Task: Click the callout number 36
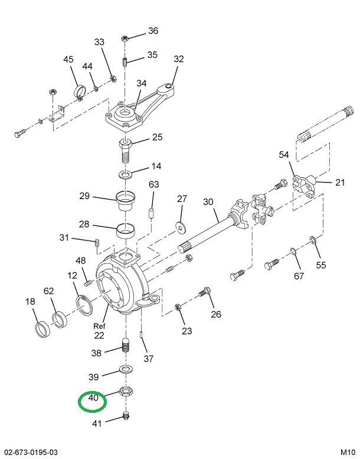(153, 31)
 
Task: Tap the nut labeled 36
(125, 38)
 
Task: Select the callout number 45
(68, 59)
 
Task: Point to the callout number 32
(179, 59)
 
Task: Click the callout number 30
(208, 202)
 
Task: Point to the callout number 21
(339, 182)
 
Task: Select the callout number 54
(284, 155)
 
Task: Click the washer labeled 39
(125, 370)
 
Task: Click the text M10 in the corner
(348, 452)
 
